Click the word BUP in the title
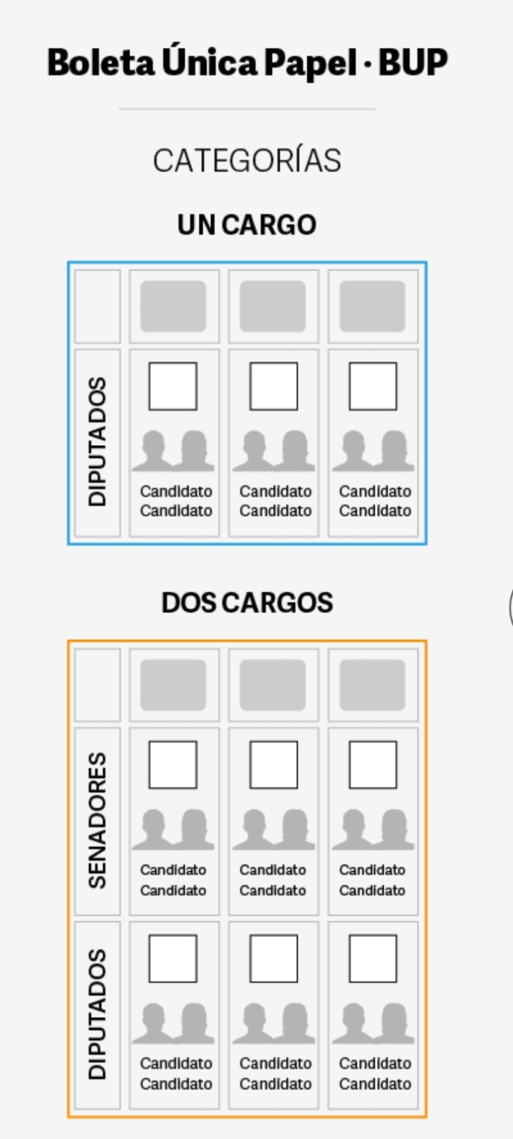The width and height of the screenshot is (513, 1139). coord(413,63)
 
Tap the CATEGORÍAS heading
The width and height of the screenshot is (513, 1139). coord(247,160)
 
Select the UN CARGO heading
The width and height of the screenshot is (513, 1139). coord(247,225)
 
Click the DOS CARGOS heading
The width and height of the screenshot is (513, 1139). coord(247,603)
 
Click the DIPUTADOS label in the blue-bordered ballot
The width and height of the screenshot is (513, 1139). coord(97,442)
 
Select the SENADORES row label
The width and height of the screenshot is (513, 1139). coord(97,821)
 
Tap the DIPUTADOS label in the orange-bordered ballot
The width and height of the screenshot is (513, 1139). coord(97,1014)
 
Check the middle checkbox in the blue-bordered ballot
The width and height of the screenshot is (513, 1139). coord(273,386)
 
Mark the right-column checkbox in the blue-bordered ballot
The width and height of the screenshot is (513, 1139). coord(372,386)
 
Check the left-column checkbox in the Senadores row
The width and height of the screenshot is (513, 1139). coord(173,764)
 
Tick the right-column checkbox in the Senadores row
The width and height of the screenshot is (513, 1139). coord(372,764)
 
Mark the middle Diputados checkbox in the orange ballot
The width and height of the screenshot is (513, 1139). coord(273,958)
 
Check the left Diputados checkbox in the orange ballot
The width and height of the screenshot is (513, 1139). coord(173,958)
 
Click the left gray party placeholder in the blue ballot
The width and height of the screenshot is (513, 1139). coord(173,307)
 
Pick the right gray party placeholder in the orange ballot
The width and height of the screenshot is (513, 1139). coord(372,685)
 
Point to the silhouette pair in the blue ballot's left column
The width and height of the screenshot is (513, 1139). coord(173,451)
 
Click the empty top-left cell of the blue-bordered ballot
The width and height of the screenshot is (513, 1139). coord(97,307)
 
